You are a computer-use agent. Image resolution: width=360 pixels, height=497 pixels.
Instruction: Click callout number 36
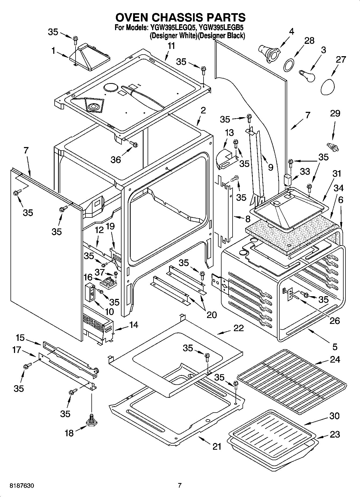tap(116, 159)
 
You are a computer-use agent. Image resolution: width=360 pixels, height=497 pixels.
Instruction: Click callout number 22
tap(238, 328)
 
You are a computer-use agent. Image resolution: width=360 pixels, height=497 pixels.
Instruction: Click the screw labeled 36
tap(134, 145)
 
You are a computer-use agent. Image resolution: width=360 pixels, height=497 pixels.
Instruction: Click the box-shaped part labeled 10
tap(90, 292)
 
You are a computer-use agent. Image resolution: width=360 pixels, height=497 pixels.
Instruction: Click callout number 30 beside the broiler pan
tap(334, 416)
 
